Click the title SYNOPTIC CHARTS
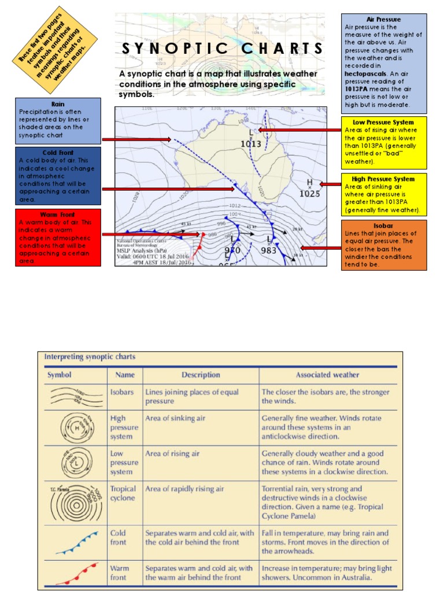point(223,49)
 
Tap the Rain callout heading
point(58,104)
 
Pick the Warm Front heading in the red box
point(58,214)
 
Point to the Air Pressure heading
point(384,20)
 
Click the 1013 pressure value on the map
point(251,144)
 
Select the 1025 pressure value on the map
point(310,194)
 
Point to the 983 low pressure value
point(269,251)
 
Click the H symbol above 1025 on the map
point(310,183)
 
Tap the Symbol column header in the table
point(60,375)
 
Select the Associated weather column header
point(327,375)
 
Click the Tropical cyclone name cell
point(123,493)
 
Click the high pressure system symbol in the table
point(75,427)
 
